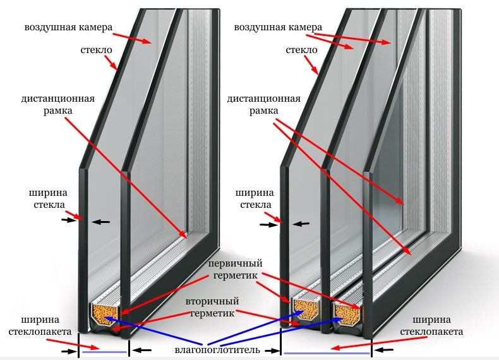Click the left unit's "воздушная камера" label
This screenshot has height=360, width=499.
[x=68, y=28]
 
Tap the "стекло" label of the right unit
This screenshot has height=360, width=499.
[x=301, y=49]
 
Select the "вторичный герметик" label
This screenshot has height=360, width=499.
[x=212, y=307]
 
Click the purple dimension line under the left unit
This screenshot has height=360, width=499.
[x=104, y=352]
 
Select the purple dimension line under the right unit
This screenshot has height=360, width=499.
[x=326, y=352]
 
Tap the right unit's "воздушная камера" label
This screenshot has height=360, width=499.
[x=277, y=28]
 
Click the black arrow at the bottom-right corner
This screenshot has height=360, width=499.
[x=384, y=350]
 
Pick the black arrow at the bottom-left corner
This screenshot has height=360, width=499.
[x=68, y=350]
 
